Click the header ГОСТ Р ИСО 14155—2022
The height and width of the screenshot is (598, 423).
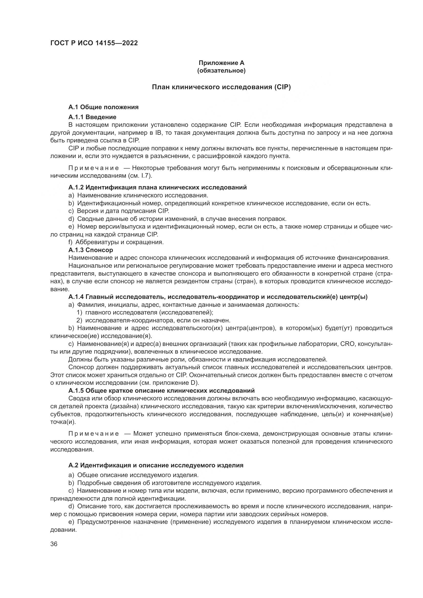point(94,43)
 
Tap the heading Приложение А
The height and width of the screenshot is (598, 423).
point(221,63)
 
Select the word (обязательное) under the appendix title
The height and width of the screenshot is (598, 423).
point(221,71)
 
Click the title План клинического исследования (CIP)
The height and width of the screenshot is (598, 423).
point(221,87)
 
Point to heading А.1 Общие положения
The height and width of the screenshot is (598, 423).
point(103,107)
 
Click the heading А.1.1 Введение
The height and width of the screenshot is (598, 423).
point(92,117)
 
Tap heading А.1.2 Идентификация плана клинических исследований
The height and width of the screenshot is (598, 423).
point(157,187)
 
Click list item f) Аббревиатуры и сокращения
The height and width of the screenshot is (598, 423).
point(116,242)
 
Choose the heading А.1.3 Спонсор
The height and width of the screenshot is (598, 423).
point(91,250)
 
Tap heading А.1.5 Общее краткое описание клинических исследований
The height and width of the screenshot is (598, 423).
point(161,391)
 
